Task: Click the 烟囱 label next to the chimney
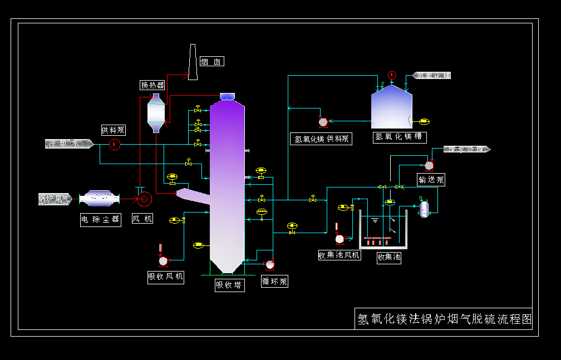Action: pos(211,62)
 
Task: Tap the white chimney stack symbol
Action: pos(193,62)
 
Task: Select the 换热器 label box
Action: pos(152,85)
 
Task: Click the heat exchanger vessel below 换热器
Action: pos(156,113)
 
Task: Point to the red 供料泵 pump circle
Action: pos(115,144)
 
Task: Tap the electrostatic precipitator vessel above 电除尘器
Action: pos(100,199)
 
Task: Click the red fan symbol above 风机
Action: pos(144,199)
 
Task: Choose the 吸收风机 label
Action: pos(165,277)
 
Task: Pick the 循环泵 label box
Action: pos(274,282)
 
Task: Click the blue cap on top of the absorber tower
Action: pos(227,96)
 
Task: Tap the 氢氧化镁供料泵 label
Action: pos(322,139)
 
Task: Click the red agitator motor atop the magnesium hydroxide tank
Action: pos(391,75)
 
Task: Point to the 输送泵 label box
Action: pos(431,179)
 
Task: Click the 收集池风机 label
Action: pos(339,255)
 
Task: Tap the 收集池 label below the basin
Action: pos(389,257)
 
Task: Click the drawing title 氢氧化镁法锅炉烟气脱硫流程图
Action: pos(444,319)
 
